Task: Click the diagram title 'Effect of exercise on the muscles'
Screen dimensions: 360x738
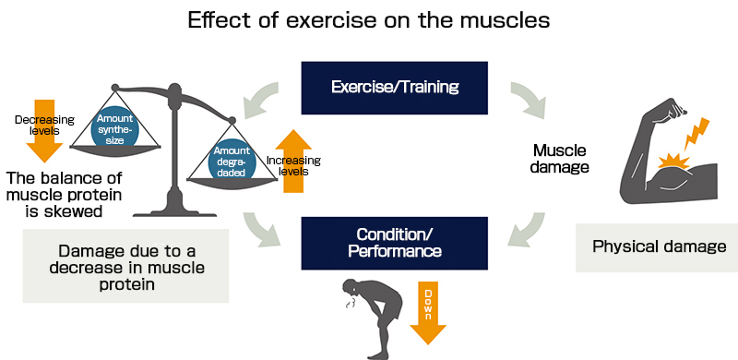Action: click(x=369, y=20)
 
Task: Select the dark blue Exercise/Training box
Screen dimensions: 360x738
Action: click(x=382, y=88)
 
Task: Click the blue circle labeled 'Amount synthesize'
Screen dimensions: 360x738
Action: click(x=116, y=126)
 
